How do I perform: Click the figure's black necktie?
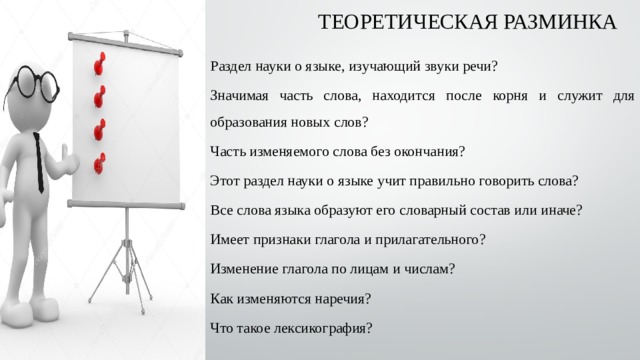(x=39, y=160)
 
